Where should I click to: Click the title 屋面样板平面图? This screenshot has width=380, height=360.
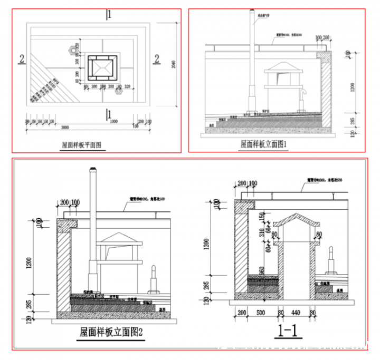[x=82, y=144]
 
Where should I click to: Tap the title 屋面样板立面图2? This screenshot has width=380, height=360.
[x=111, y=333]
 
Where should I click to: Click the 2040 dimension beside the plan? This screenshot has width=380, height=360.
[x=173, y=64]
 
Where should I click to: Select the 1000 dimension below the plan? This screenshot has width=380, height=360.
[x=113, y=121]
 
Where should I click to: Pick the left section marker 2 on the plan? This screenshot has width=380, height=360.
[x=22, y=60]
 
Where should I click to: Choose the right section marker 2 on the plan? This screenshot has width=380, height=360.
[x=157, y=60]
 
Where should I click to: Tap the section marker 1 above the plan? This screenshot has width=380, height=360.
[x=109, y=14]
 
